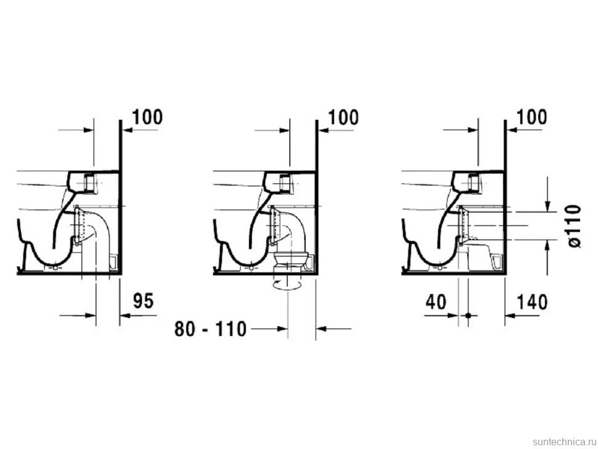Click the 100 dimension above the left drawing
147,117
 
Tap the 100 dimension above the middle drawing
343,117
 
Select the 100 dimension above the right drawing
531,117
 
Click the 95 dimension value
143,300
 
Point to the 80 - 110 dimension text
210,329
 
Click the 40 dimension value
436,302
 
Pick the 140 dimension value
532,302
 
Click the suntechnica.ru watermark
564,442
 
